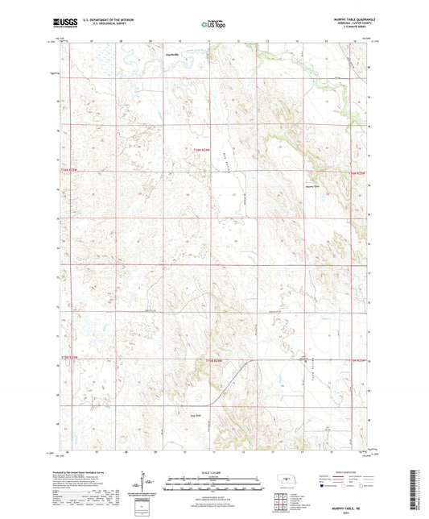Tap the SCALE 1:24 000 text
click(214, 471)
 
